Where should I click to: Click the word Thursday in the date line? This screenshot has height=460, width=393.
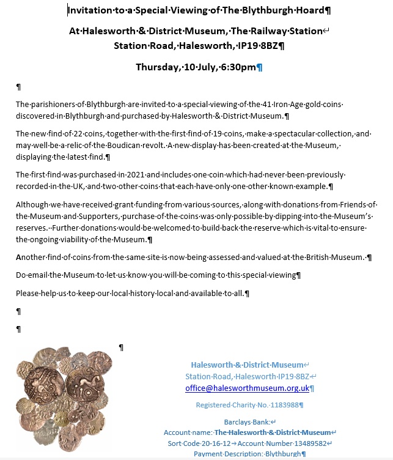[158, 67]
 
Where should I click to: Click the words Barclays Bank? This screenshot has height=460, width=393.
[247, 421]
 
